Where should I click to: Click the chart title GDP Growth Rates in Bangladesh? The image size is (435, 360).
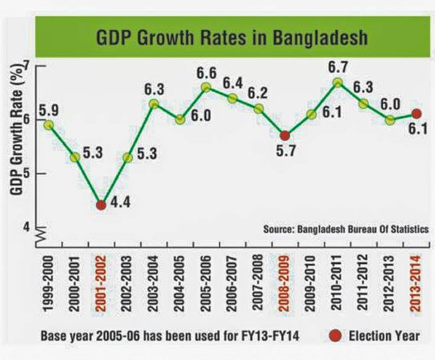[x=232, y=38]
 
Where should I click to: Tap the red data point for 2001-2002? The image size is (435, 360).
[x=101, y=205]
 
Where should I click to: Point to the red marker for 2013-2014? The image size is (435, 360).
[x=417, y=113]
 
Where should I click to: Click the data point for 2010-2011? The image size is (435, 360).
[x=337, y=82]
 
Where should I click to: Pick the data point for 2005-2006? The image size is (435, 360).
[x=206, y=87]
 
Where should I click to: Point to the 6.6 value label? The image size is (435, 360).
[x=206, y=73]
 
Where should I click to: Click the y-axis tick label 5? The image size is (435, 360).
[x=26, y=174]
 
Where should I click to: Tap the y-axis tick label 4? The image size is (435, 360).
[x=26, y=227]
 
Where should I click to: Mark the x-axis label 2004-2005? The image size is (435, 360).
[x=179, y=284]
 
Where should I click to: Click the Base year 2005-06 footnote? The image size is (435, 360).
[x=170, y=336]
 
